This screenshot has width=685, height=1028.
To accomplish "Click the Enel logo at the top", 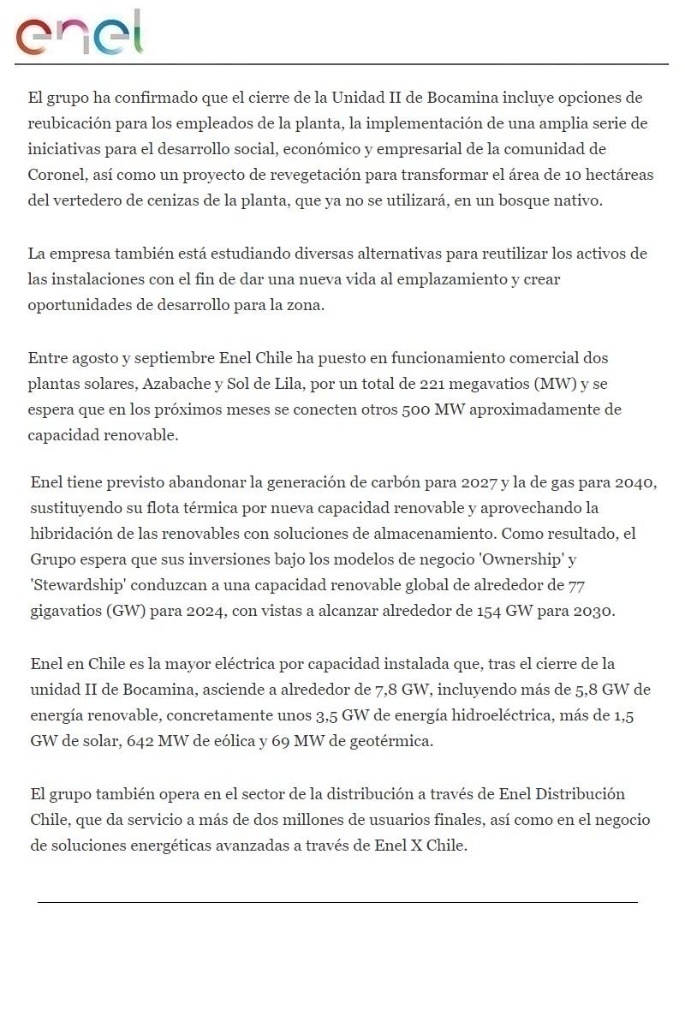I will tap(80, 34).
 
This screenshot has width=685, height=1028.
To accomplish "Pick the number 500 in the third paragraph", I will tap(416, 409).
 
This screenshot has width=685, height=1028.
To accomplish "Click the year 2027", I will tap(479, 481).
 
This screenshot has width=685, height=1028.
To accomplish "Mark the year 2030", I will tap(594, 612).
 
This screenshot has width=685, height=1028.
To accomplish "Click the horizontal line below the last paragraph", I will tap(337, 902).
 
